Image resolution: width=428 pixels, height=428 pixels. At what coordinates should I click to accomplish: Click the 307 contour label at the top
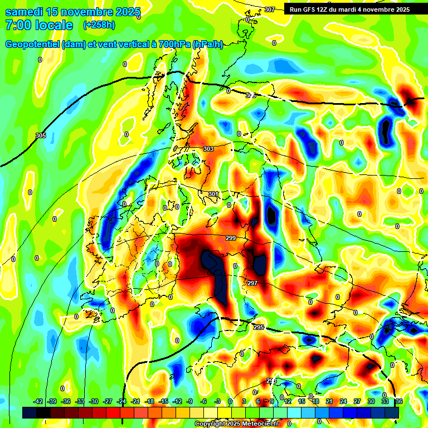click(x=270, y=9)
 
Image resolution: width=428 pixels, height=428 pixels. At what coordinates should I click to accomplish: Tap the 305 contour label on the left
click(x=40, y=135)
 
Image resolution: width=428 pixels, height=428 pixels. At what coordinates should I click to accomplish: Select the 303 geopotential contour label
click(x=208, y=149)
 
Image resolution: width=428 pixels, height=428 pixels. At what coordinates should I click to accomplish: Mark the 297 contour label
click(x=252, y=283)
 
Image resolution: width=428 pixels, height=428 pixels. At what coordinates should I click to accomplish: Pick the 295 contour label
click(x=258, y=327)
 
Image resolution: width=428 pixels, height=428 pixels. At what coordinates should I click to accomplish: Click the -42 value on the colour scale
click(x=38, y=401)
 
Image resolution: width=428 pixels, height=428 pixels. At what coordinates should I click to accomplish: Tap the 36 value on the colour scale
click(x=398, y=401)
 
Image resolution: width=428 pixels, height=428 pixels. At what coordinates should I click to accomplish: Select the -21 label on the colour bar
click(x=135, y=401)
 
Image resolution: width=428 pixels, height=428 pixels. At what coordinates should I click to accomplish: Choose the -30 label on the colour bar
click(x=94, y=401)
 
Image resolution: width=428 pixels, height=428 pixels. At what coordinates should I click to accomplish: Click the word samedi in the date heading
click(x=26, y=12)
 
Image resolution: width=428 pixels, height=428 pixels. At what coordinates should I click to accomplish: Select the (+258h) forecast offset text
click(x=99, y=25)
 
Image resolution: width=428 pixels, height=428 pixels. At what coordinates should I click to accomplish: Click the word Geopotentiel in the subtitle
click(x=32, y=45)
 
